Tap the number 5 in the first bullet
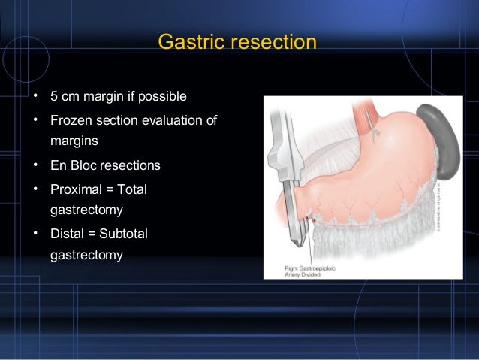coord(54,97)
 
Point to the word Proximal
coord(77,189)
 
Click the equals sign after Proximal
coord(111,189)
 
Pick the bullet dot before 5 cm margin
coord(35,97)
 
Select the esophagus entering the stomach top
coord(368,120)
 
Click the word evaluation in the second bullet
coord(174,120)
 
